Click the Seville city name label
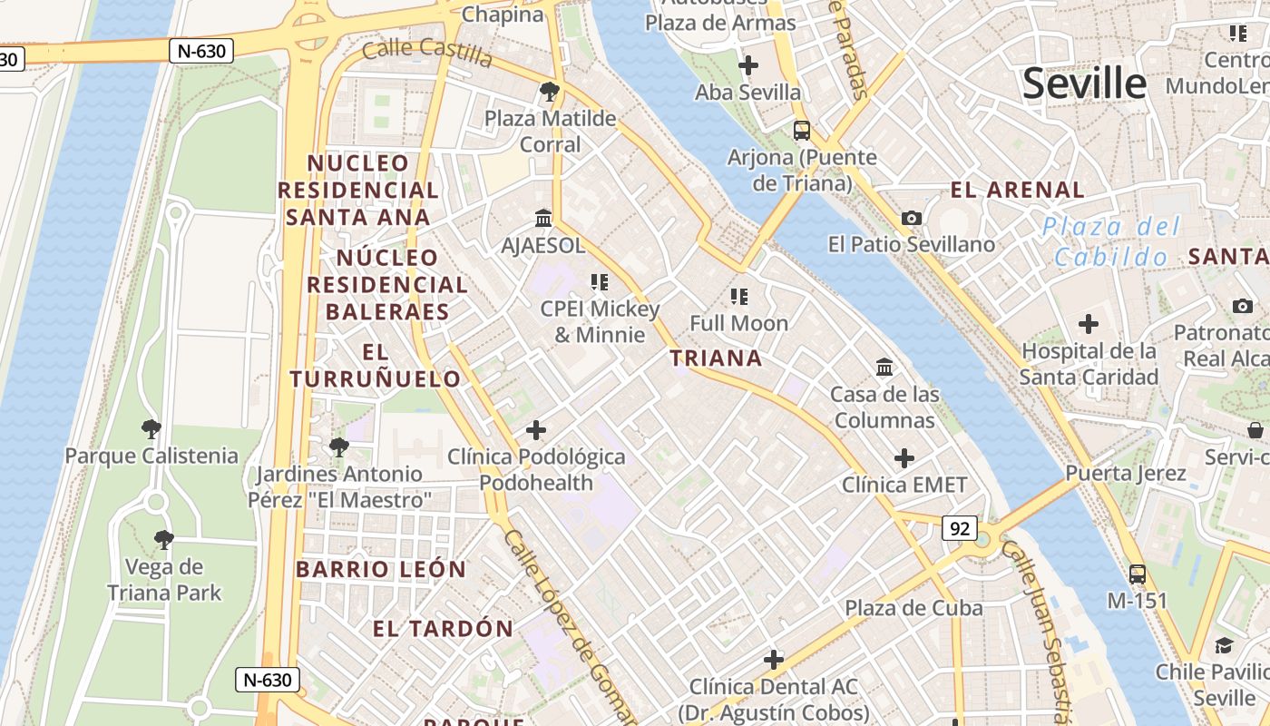click(1084, 83)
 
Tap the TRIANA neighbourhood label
click(716, 358)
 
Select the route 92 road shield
click(960, 527)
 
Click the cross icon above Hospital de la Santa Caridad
click(1088, 323)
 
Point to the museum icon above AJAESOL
click(543, 218)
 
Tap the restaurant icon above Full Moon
click(739, 296)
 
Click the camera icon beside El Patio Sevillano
click(912, 218)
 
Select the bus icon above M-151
click(1137, 574)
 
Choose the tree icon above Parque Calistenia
click(151, 428)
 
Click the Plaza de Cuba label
click(913, 608)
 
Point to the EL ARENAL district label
click(1017, 190)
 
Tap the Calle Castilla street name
click(426, 53)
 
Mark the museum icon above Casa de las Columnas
click(884, 368)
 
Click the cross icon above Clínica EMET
click(904, 458)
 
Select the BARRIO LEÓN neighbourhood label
click(381, 570)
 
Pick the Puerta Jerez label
click(1125, 473)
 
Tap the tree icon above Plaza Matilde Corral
click(549, 91)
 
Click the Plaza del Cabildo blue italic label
click(1111, 241)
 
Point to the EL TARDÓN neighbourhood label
click(443, 628)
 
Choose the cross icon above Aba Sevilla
click(748, 65)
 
